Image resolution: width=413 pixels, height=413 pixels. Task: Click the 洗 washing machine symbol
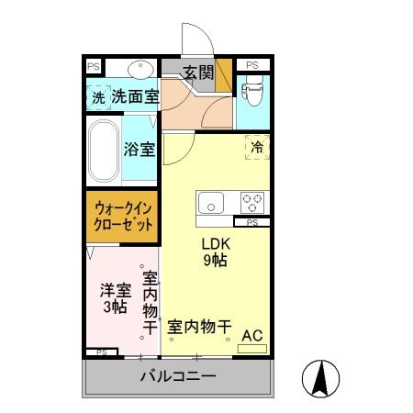tap(97, 95)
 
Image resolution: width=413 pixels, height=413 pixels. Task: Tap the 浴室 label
tap(140, 149)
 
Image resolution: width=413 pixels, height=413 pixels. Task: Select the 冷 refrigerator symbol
tap(258, 146)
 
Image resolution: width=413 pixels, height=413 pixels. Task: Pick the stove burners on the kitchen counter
tap(252, 203)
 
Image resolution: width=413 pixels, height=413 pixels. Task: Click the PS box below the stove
tap(252, 222)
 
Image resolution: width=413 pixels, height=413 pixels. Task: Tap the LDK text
tap(216, 243)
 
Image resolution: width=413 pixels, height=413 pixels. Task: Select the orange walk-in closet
tap(124, 217)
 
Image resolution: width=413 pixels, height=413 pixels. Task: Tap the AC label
tap(251, 335)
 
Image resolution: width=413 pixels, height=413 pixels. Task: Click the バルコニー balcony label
tap(178, 377)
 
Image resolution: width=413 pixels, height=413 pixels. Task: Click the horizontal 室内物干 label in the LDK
tap(199, 326)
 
